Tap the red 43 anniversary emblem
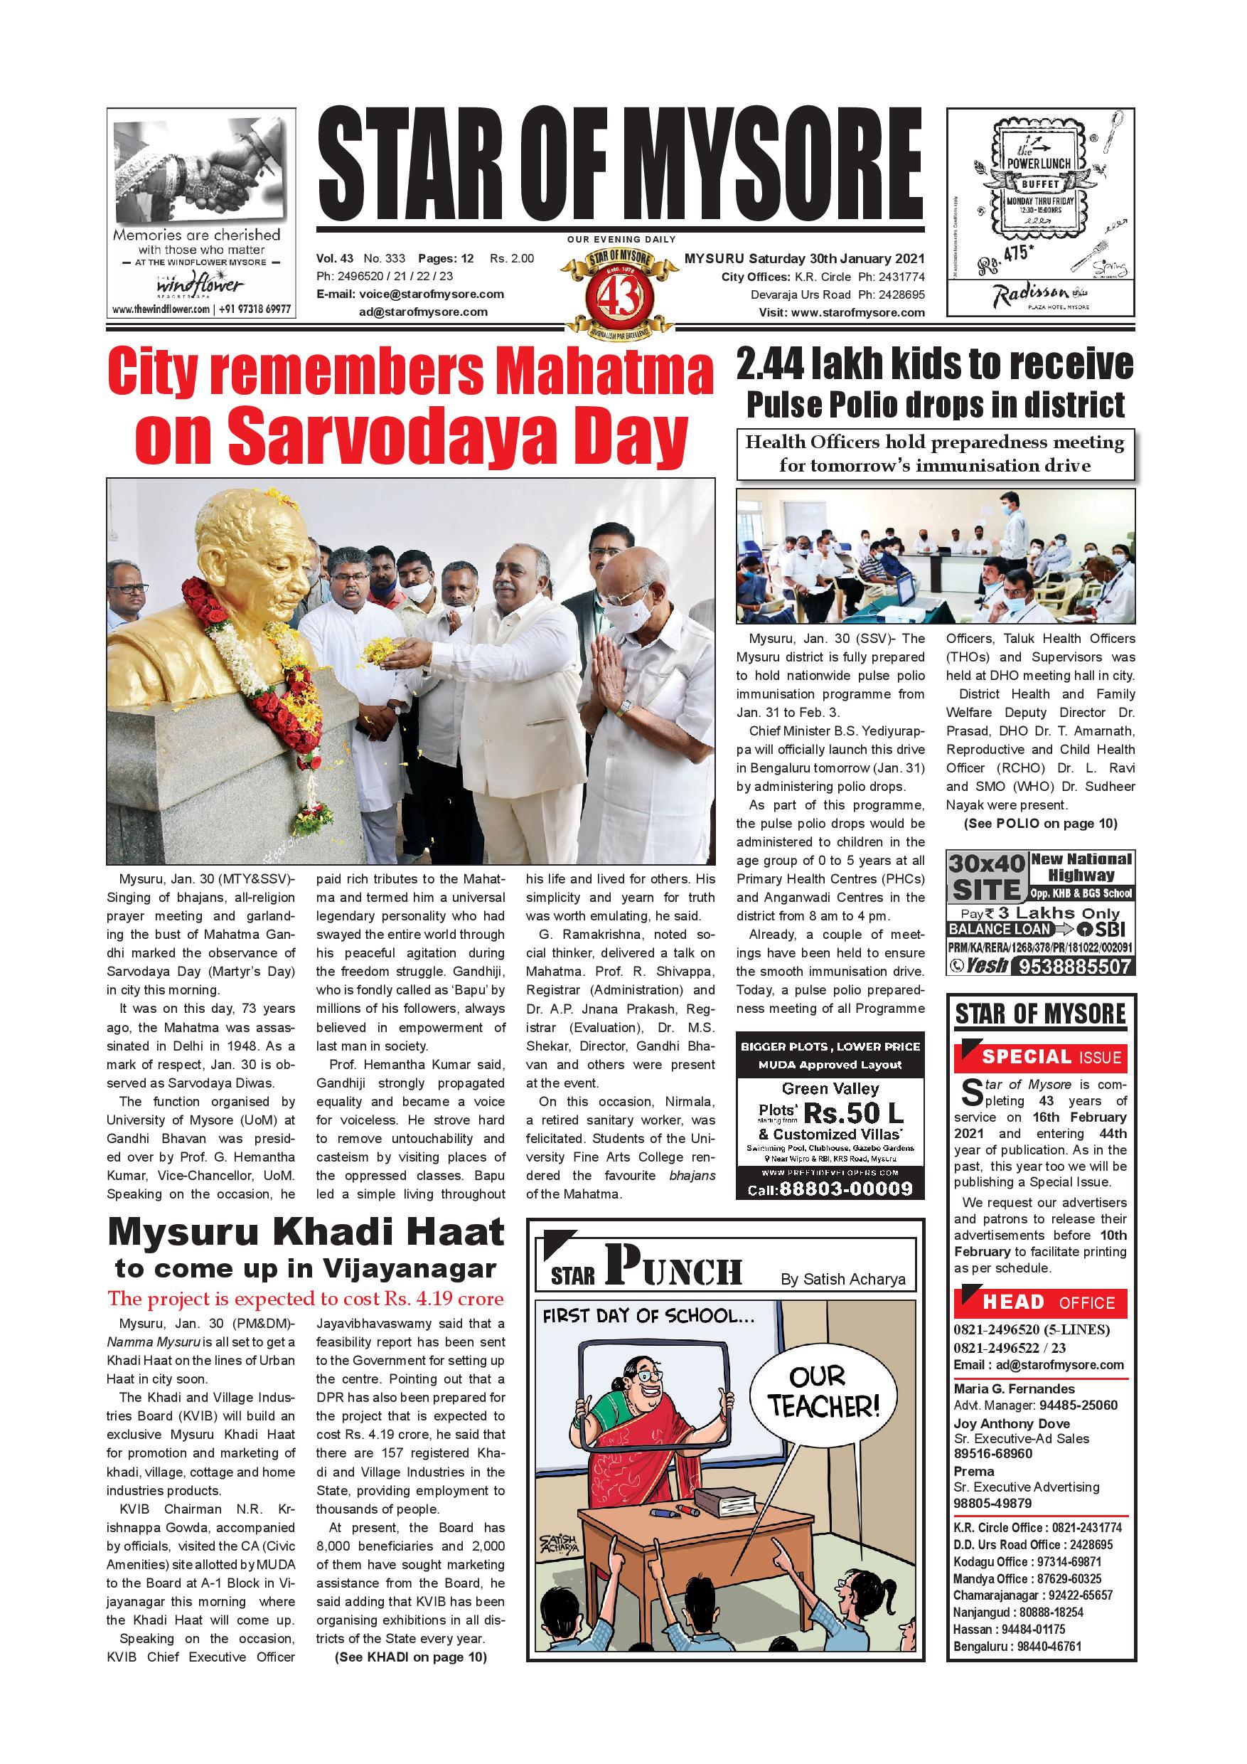[619, 291]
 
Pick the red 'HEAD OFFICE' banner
[1040, 1302]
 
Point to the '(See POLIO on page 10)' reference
[1039, 824]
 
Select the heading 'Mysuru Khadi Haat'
[306, 1233]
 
